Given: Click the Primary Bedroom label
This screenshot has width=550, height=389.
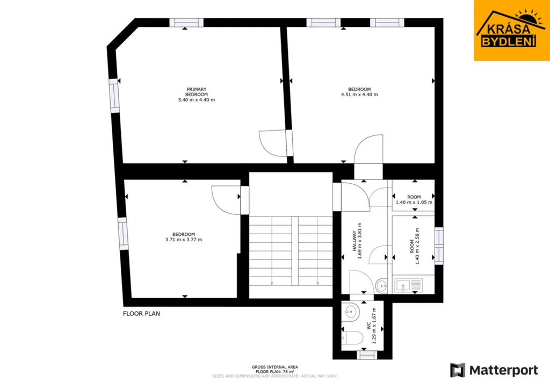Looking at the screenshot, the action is pos(197,92).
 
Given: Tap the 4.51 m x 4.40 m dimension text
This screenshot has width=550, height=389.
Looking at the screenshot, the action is pos(359,95).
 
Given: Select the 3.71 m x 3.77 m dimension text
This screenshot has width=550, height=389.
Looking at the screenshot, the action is pos(184,240).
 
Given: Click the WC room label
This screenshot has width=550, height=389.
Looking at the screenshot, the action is pos(369,326).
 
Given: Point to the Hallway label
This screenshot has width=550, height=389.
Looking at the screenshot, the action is pos(354,241).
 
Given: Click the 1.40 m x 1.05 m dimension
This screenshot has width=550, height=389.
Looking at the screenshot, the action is pos(414,203).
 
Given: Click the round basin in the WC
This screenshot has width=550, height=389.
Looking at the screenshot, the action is pos(350,311).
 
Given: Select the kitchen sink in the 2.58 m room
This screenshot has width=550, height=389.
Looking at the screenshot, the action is pos(409,285).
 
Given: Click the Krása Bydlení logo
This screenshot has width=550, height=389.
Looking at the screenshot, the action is pos(512,30).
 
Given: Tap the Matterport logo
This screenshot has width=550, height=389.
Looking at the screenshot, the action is pos(494,370).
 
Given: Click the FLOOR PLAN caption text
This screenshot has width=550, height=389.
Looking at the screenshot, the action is pos(141,314).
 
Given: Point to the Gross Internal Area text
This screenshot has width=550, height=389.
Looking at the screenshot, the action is pos(274,368).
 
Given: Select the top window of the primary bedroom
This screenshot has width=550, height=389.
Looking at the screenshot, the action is pos(186,23).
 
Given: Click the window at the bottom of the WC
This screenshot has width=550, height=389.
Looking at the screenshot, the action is pos(367,355).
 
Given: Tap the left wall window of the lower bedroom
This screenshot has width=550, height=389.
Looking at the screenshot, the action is pos(123,233).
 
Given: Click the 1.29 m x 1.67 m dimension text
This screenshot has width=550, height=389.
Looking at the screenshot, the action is pos(374,326).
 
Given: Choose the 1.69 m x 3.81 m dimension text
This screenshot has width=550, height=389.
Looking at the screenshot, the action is pos(359,241).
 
